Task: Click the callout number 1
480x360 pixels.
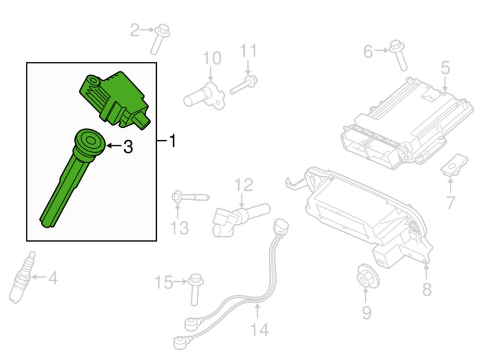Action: [x=173, y=141]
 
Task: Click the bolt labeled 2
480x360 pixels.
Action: [x=160, y=39]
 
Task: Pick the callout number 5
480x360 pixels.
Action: [x=445, y=68]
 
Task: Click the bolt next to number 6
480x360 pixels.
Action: [x=399, y=55]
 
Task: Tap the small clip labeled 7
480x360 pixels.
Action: [x=454, y=165]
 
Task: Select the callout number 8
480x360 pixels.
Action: [x=427, y=289]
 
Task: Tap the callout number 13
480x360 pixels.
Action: [x=180, y=228]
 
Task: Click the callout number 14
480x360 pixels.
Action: [x=260, y=330]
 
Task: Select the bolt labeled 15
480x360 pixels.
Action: [x=195, y=289]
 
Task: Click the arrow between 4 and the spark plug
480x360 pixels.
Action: [x=39, y=277]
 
